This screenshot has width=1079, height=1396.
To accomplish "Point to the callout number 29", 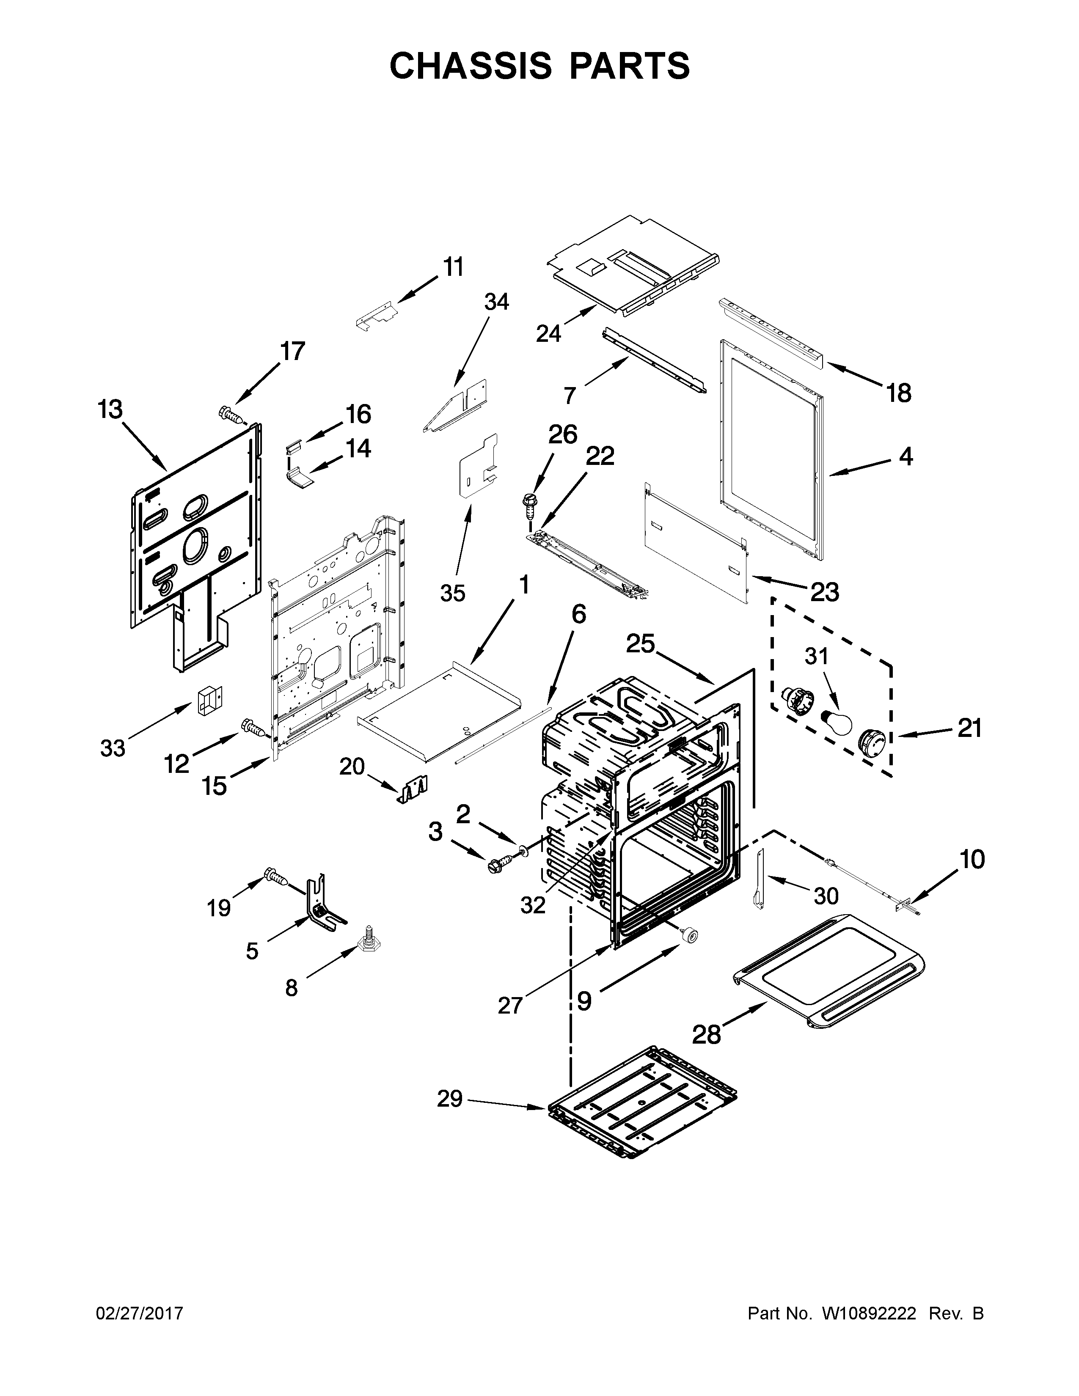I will click(x=449, y=1099).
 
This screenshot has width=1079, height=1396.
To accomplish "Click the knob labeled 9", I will click(x=688, y=935).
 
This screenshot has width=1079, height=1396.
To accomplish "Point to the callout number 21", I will click(x=969, y=728).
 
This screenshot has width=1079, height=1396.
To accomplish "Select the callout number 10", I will click(x=972, y=860).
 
